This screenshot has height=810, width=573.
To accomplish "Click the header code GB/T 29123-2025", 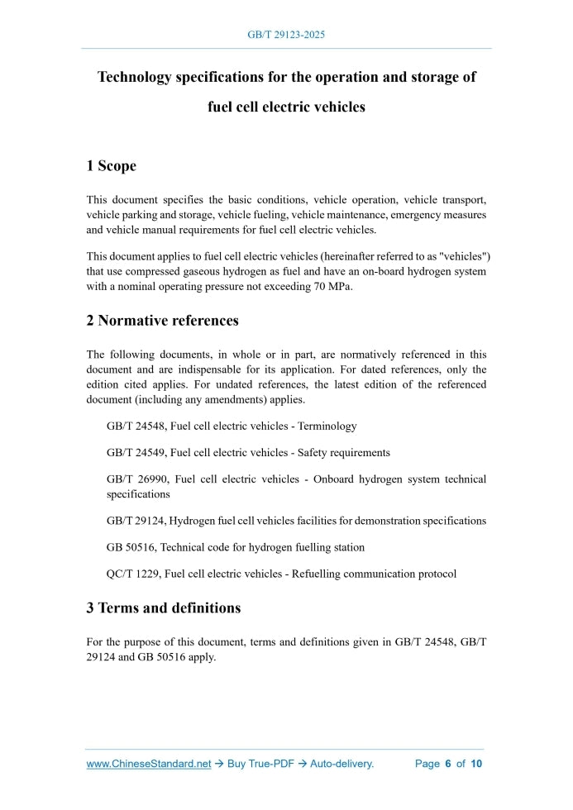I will [x=286, y=35].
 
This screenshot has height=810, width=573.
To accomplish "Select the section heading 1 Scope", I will [x=111, y=166].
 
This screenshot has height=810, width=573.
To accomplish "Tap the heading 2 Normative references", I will [x=162, y=321].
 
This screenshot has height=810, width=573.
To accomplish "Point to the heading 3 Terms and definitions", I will [x=163, y=608].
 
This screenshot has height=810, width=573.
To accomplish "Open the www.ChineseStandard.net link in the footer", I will [x=149, y=764].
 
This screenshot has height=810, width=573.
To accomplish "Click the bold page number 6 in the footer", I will [x=447, y=764].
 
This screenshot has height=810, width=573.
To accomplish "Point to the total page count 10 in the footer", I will [x=476, y=764].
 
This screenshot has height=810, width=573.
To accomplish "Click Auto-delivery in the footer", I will [x=341, y=764].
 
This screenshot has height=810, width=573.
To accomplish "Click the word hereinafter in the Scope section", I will [x=341, y=256].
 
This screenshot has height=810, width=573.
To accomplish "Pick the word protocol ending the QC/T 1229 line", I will [x=436, y=574].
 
